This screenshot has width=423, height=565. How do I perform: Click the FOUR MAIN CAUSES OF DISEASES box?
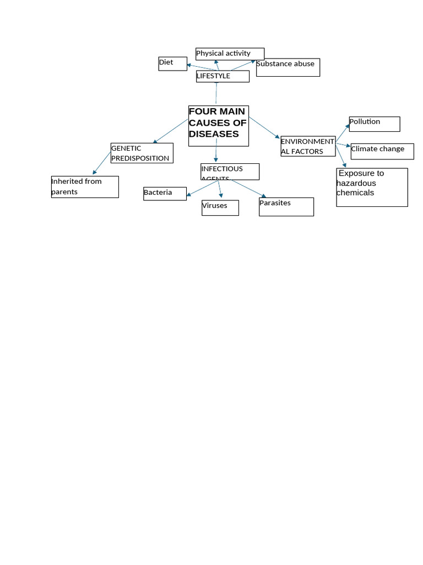pos(218,126)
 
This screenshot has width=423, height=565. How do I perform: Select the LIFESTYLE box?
pos(223,76)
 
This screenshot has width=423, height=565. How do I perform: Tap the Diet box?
pos(172,63)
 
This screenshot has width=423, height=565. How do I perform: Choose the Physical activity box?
pos(230,54)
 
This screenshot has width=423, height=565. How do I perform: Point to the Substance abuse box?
pos(288,67)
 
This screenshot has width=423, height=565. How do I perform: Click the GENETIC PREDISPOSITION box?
pos(142,153)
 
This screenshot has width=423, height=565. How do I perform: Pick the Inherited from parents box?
pos(85,186)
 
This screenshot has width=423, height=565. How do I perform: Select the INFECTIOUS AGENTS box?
pos(230,171)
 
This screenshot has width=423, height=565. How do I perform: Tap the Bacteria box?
pos(165,193)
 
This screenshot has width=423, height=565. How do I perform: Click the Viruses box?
pos(220,207)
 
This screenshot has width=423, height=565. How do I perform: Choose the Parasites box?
pos(286,206)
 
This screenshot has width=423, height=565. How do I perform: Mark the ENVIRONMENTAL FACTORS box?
pos(307,146)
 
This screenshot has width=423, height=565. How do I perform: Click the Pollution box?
pos(374,124)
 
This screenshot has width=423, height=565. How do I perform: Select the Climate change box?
pos(382,151)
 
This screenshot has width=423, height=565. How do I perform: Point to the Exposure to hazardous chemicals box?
pos(372,187)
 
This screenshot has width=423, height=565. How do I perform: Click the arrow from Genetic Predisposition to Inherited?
pos(102,163)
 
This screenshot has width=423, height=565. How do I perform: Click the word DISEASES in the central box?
pos(214,134)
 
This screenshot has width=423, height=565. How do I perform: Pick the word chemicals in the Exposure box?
pos(355,193)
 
